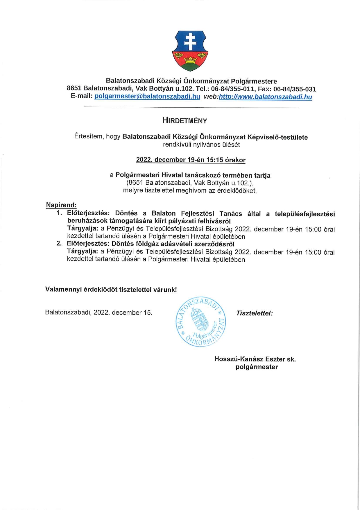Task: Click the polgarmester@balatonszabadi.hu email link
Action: [x=147, y=96]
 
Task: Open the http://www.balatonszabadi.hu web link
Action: [x=265, y=97]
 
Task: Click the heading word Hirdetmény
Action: [x=185, y=121]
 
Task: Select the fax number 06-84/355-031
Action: [x=295, y=89]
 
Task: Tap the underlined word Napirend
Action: [x=61, y=205]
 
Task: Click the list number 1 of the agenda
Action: [x=59, y=213]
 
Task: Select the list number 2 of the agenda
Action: [x=59, y=244]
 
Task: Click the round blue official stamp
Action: [x=201, y=322]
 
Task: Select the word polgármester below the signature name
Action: [x=257, y=367]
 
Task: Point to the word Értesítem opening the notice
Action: [x=88, y=136]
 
